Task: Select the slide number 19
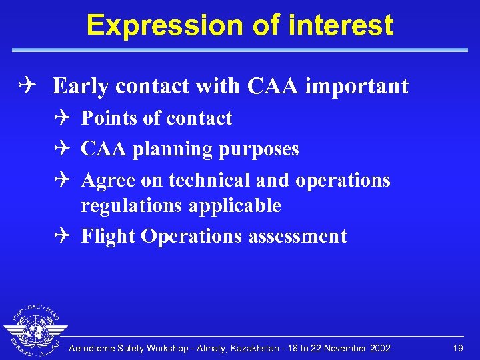pos(457,349)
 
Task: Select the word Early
pos(79,87)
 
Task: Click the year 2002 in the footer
pos(380,349)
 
